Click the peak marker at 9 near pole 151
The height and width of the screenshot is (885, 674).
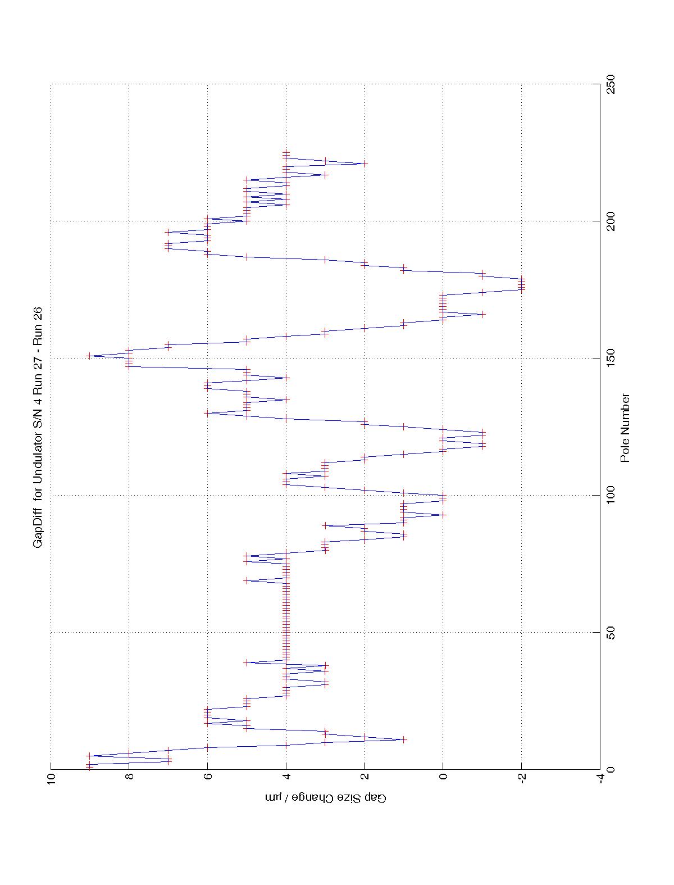point(89,356)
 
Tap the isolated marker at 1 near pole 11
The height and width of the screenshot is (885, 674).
point(404,739)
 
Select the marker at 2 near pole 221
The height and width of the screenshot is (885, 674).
point(365,164)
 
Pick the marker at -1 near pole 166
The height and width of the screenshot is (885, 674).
point(482,314)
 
